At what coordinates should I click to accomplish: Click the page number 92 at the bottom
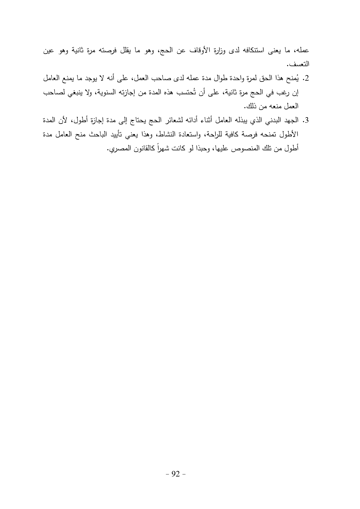(176, 474)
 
